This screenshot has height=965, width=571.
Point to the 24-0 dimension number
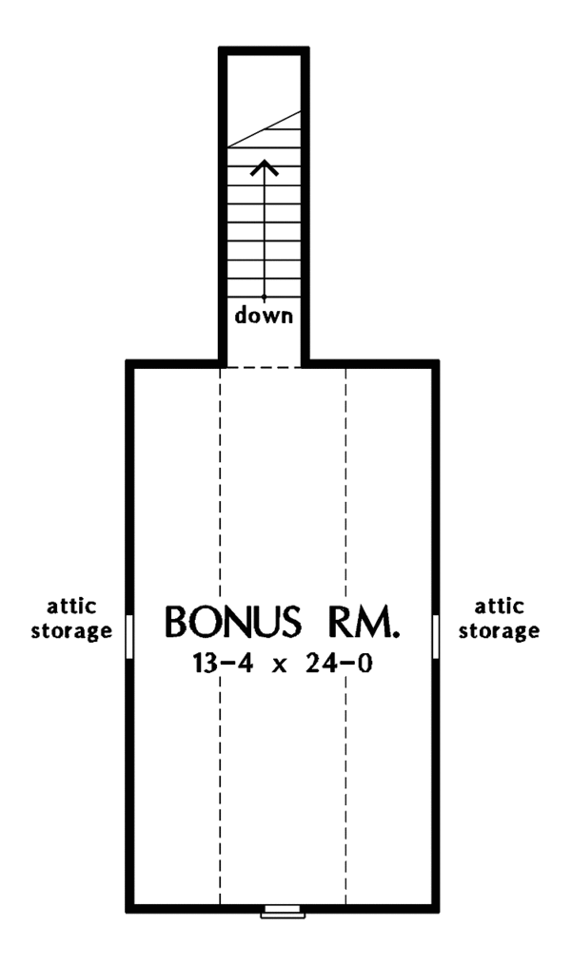(x=340, y=664)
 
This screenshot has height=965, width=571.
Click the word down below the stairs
(x=265, y=316)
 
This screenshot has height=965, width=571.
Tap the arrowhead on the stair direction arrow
(x=265, y=168)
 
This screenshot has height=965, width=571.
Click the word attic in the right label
(x=498, y=607)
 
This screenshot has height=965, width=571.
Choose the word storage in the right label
(x=498, y=630)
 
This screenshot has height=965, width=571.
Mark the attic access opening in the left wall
(x=129, y=635)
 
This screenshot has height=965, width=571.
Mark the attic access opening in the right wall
(x=438, y=635)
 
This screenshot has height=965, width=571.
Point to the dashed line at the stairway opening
(x=265, y=367)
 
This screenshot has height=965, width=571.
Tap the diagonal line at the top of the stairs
(x=266, y=128)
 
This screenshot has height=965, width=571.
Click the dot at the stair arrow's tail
(x=265, y=299)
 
